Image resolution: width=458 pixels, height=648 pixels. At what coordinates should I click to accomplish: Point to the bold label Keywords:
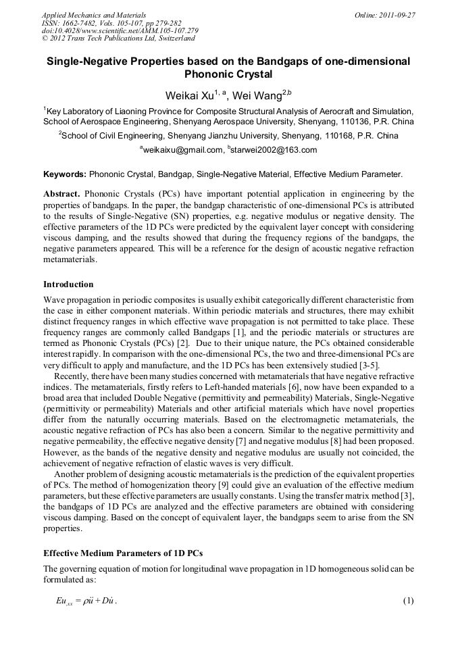pos(65,174)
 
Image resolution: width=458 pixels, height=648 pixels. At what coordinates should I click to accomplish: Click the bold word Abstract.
pos(61,194)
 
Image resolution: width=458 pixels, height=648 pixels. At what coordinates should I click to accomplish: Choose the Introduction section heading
pos(68,284)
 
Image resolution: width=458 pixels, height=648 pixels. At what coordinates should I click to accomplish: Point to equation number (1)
pos(407,601)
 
